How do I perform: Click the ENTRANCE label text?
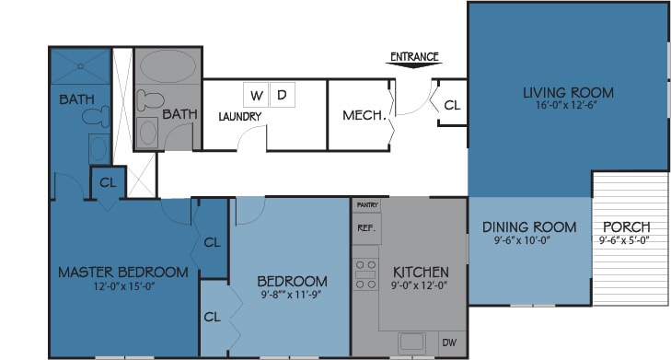[414, 56]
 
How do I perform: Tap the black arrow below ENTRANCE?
[414, 65]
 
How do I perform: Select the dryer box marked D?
[282, 95]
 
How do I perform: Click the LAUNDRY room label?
[240, 117]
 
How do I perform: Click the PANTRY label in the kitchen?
[367, 204]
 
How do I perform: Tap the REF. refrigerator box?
[366, 227]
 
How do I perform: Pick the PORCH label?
[626, 227]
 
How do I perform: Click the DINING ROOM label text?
[529, 227]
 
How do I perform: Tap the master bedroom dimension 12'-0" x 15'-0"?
[122, 286]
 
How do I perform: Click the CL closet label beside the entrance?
[451, 106]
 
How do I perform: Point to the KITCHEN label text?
[421, 273]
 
